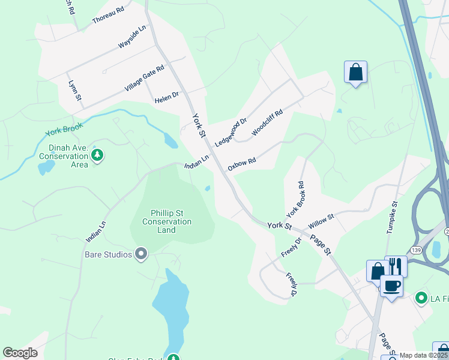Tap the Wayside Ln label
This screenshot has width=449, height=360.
coord(132,37)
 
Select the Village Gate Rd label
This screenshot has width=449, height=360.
coord(145,79)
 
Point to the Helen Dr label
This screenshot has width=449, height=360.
coord(166,97)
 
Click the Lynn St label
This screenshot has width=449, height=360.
coord(74,91)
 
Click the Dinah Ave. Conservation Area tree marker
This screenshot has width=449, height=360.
coord(97,156)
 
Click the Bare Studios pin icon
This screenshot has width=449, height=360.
coord(141,254)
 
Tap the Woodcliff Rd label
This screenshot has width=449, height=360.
coord(267,122)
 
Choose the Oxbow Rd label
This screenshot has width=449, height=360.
coord(242,164)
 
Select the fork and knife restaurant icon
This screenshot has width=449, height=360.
coord(396,266)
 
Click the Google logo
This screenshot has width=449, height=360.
coord(20,353)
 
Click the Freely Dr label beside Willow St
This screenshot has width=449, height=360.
coord(290,247)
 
